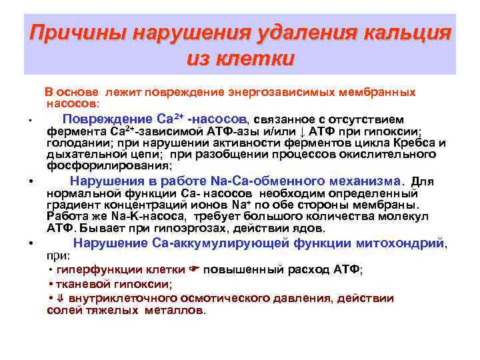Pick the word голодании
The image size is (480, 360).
click(x=74, y=143)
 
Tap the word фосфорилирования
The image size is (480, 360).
click(x=109, y=165)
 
